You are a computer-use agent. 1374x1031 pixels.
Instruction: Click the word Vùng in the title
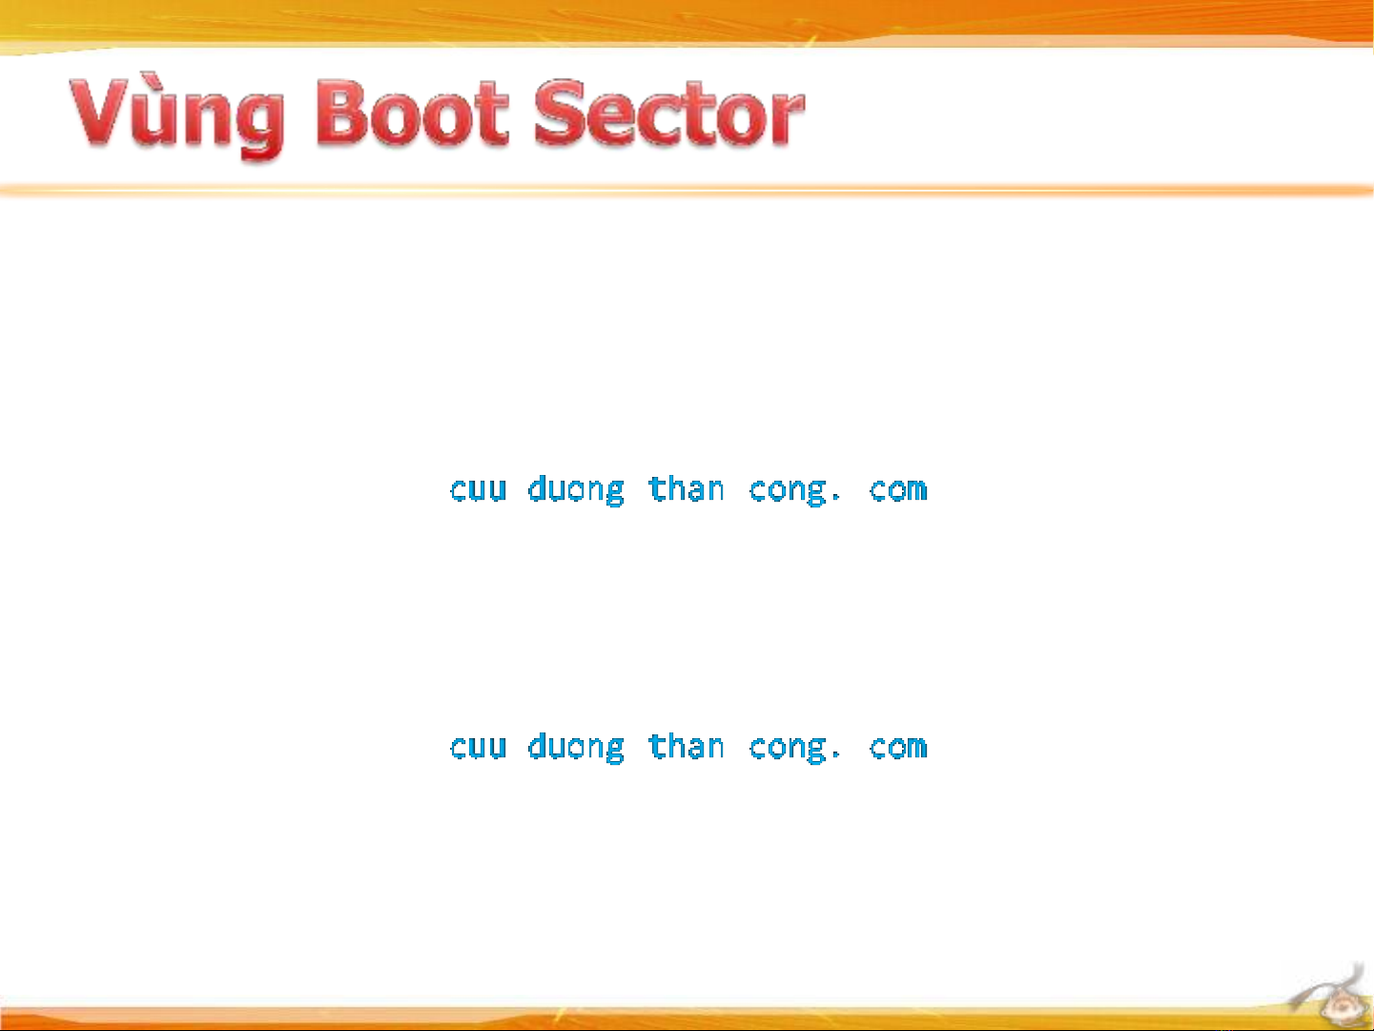tap(176, 115)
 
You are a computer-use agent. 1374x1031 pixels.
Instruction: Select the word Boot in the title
tap(411, 113)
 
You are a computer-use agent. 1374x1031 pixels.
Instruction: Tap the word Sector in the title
tap(668, 113)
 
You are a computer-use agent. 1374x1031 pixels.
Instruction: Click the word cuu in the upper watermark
tap(479, 489)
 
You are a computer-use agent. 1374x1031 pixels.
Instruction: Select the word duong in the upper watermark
tap(576, 490)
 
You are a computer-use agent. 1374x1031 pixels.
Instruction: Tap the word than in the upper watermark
tap(687, 487)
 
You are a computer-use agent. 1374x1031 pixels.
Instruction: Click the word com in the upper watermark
tap(898, 489)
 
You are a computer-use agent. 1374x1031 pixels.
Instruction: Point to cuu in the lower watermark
tap(479, 747)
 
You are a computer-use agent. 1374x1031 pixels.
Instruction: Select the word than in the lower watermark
tap(687, 746)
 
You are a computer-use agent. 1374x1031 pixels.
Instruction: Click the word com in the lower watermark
tap(898, 747)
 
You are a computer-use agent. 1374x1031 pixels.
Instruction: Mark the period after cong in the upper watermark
tap(835, 498)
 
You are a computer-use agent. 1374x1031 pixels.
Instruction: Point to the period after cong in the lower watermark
tap(835, 755)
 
